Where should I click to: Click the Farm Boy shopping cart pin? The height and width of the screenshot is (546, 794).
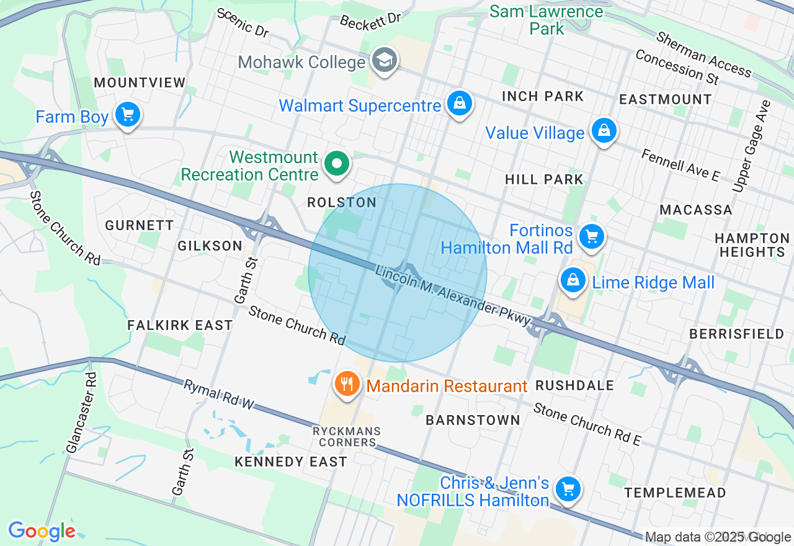[x=128, y=115]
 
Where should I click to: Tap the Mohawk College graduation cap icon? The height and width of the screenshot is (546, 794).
[x=385, y=60]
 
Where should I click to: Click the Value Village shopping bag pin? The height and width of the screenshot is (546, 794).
[x=603, y=130]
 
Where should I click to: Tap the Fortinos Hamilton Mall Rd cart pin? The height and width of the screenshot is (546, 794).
[x=591, y=236]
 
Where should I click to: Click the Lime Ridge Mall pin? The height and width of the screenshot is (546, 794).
[x=574, y=280]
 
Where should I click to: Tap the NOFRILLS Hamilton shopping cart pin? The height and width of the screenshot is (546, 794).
[x=567, y=489]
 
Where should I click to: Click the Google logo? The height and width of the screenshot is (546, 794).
[x=42, y=531]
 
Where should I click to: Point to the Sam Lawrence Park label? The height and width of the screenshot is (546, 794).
[x=546, y=20]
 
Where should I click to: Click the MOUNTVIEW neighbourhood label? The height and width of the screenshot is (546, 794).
[x=140, y=83]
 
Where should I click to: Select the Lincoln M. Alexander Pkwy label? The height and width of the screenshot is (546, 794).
[x=453, y=295]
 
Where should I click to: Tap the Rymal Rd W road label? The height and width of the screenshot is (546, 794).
[x=219, y=395]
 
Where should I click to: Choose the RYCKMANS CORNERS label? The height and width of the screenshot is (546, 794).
[x=347, y=437]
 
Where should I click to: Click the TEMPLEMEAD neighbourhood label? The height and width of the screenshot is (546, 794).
[x=675, y=493]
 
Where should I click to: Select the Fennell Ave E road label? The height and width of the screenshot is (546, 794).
[x=680, y=165]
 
